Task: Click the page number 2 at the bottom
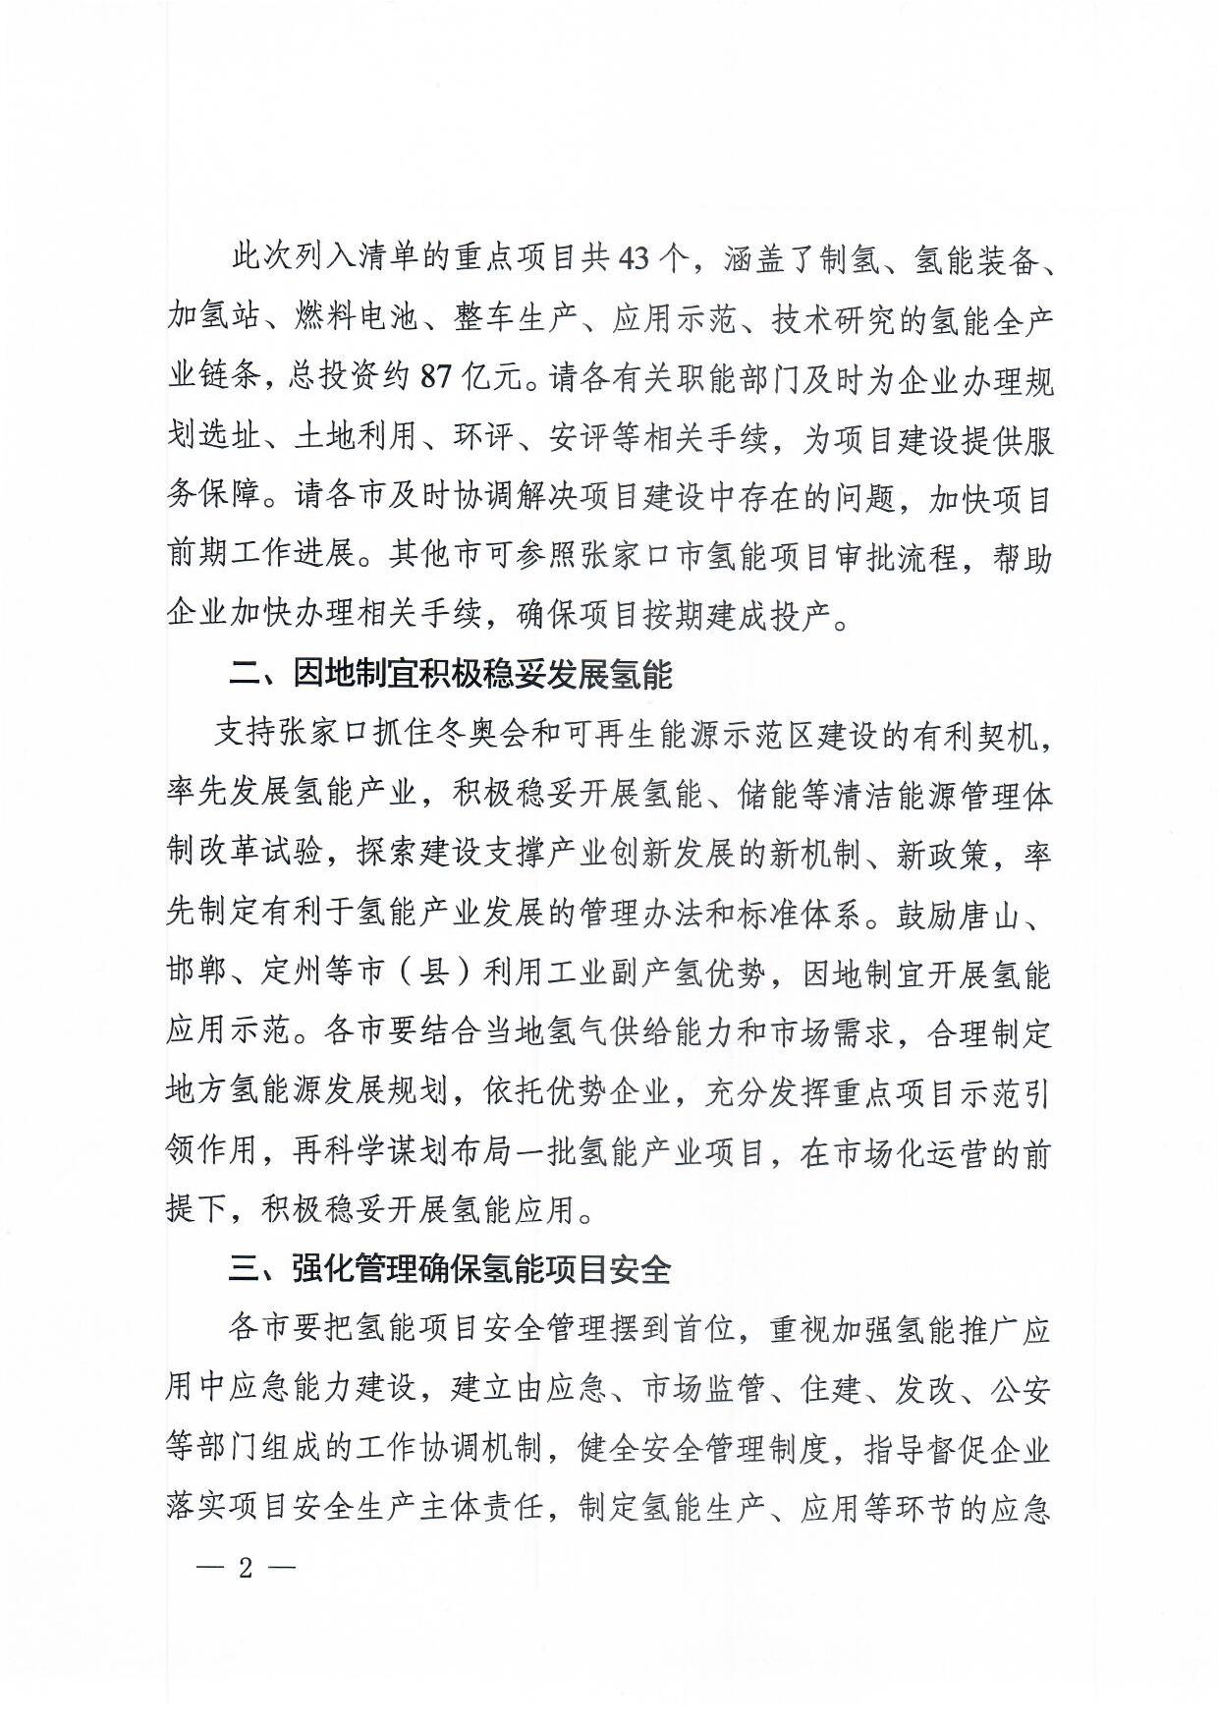246,1567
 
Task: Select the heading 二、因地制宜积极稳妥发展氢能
450,676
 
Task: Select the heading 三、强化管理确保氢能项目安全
450,1269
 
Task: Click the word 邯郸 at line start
197,973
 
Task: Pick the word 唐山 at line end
1006,914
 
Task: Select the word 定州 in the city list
293,973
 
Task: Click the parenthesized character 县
435,973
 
